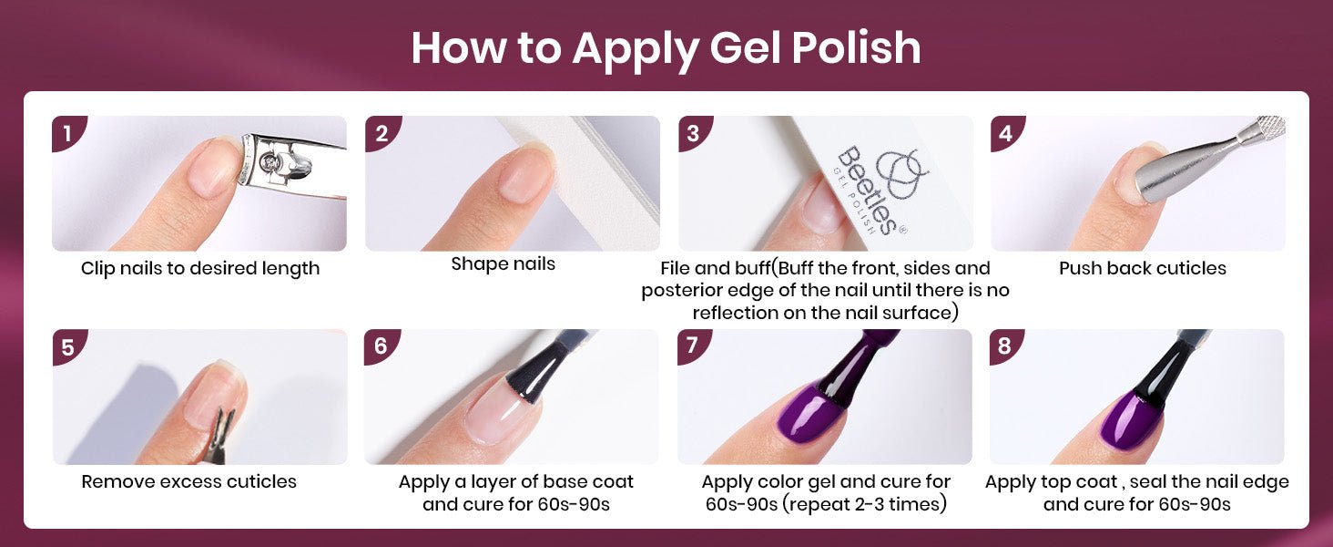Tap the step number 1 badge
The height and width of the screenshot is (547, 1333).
[67, 132]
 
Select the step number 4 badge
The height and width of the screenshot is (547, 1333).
[1006, 132]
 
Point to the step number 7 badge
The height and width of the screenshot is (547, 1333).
[693, 346]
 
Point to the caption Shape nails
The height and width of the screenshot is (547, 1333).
[503, 264]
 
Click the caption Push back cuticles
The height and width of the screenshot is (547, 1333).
[1143, 268]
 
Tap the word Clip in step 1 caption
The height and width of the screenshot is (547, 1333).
[97, 269]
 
